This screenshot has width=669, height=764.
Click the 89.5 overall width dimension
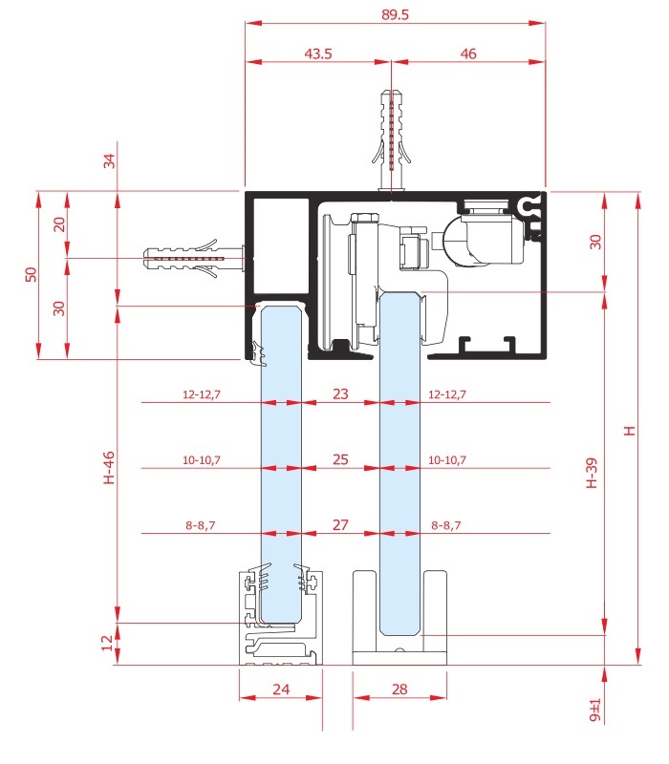(395, 14)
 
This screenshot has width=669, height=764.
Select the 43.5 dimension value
(318, 53)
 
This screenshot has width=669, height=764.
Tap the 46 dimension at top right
(468, 53)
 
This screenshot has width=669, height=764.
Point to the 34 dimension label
(109, 160)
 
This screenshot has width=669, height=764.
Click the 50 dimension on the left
(31, 274)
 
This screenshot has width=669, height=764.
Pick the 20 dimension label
(59, 224)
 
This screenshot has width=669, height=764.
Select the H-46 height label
(109, 468)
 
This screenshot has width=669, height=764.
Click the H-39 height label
(591, 473)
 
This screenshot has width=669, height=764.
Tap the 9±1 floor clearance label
(594, 711)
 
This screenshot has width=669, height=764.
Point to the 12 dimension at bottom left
(107, 643)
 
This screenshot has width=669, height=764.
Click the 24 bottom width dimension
(281, 689)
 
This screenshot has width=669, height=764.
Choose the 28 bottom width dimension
(399, 689)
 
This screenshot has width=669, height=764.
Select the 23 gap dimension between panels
(340, 393)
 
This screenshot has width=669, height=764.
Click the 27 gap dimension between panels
(340, 524)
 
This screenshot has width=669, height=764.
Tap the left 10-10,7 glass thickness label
(202, 460)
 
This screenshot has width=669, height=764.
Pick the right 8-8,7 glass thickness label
(445, 525)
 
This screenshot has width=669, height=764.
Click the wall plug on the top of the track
(392, 141)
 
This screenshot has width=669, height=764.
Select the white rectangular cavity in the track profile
(281, 246)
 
